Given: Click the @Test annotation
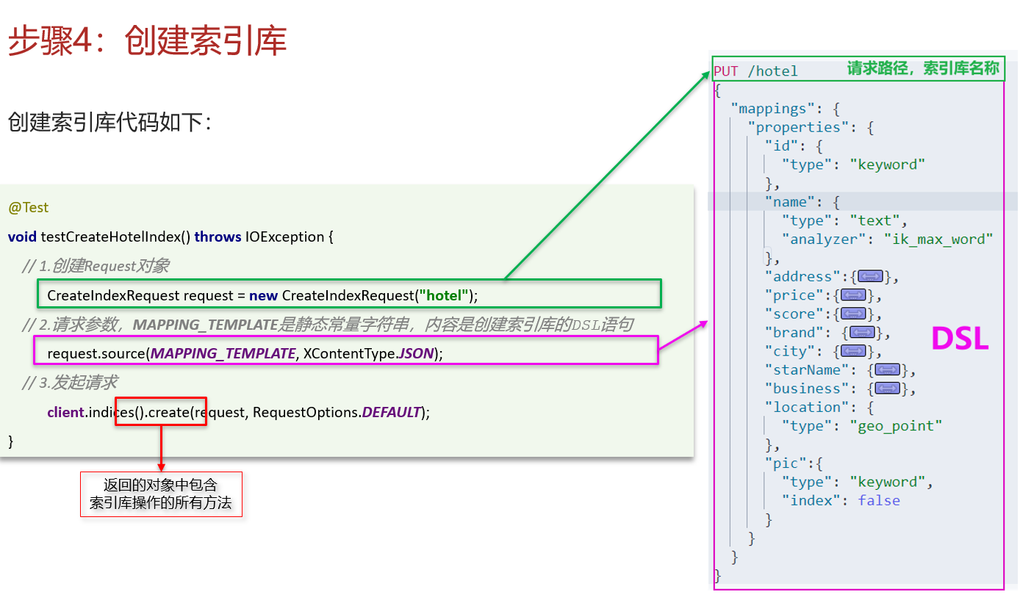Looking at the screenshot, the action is tap(28, 208).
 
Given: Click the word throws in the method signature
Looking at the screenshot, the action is tap(218, 236).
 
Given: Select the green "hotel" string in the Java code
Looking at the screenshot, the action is tap(444, 295).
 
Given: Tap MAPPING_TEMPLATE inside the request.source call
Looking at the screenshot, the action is tap(223, 353).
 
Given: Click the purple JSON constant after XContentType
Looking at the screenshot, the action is tap(415, 353).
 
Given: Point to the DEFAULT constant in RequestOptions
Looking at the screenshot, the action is tap(391, 412).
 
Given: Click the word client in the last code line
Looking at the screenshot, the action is tap(66, 412).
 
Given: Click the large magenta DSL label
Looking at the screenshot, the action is tap(960, 339).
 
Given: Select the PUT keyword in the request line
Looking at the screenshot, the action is tap(726, 71).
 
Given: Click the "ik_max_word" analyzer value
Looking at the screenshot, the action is tap(938, 239).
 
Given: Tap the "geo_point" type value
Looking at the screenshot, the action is tap(896, 426).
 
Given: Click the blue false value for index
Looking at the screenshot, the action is tap(879, 501).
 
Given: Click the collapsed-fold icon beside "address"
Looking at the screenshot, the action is tap(870, 276).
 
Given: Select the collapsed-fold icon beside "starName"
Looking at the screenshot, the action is tap(888, 369).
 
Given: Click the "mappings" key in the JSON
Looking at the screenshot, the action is tap(773, 109).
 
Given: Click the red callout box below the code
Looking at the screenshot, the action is tap(161, 494).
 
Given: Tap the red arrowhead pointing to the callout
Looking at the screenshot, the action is tap(161, 467).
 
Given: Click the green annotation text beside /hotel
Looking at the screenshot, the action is tap(923, 68).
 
